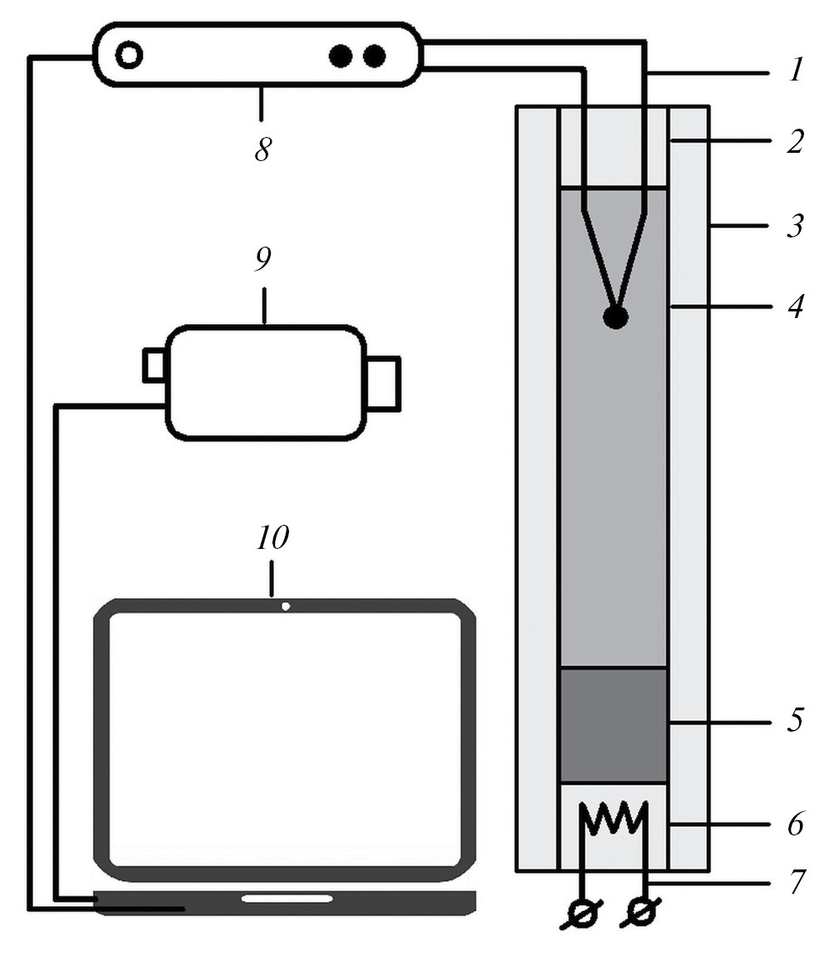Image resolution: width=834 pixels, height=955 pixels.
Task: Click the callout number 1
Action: click(796, 71)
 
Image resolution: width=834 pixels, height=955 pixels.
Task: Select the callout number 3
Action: click(796, 226)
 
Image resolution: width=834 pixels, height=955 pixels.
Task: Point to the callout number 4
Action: click(796, 307)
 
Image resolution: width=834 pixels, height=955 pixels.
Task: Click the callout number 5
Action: click(796, 720)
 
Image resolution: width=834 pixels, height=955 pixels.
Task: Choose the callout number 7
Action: click(796, 882)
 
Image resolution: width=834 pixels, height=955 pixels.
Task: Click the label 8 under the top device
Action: click(262, 150)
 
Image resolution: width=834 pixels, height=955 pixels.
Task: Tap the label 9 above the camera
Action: click(262, 260)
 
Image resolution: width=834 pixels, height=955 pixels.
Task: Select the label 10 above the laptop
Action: click(272, 538)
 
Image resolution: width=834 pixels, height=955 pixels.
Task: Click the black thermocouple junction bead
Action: click(616, 316)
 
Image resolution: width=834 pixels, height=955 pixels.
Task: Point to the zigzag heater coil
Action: click(615, 819)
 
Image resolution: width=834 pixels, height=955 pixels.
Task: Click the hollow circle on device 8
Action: click(129, 56)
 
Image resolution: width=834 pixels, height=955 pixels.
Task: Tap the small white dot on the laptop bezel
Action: click(286, 606)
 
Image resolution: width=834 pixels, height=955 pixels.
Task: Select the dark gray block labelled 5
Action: click(613, 725)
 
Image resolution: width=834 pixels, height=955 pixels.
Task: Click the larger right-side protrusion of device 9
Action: click(384, 383)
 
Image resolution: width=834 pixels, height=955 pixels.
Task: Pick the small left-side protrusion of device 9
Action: click(154, 365)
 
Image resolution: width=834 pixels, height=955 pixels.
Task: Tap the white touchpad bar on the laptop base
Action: click(287, 899)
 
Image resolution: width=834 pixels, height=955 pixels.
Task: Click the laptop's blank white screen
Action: click(285, 738)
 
